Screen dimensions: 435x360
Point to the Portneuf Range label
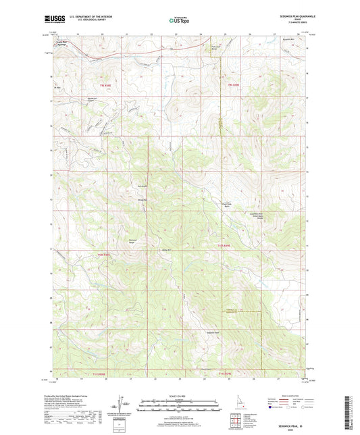tap(133, 240)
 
